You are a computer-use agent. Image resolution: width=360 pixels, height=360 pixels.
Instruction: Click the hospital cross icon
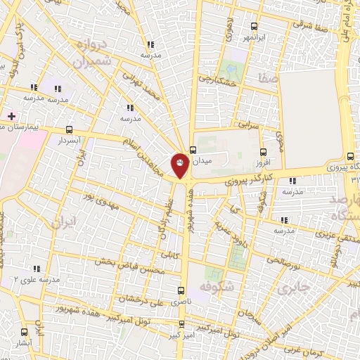click(x=11, y=115)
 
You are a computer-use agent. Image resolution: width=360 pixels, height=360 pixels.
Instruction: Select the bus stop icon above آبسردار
click(x=69, y=129)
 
